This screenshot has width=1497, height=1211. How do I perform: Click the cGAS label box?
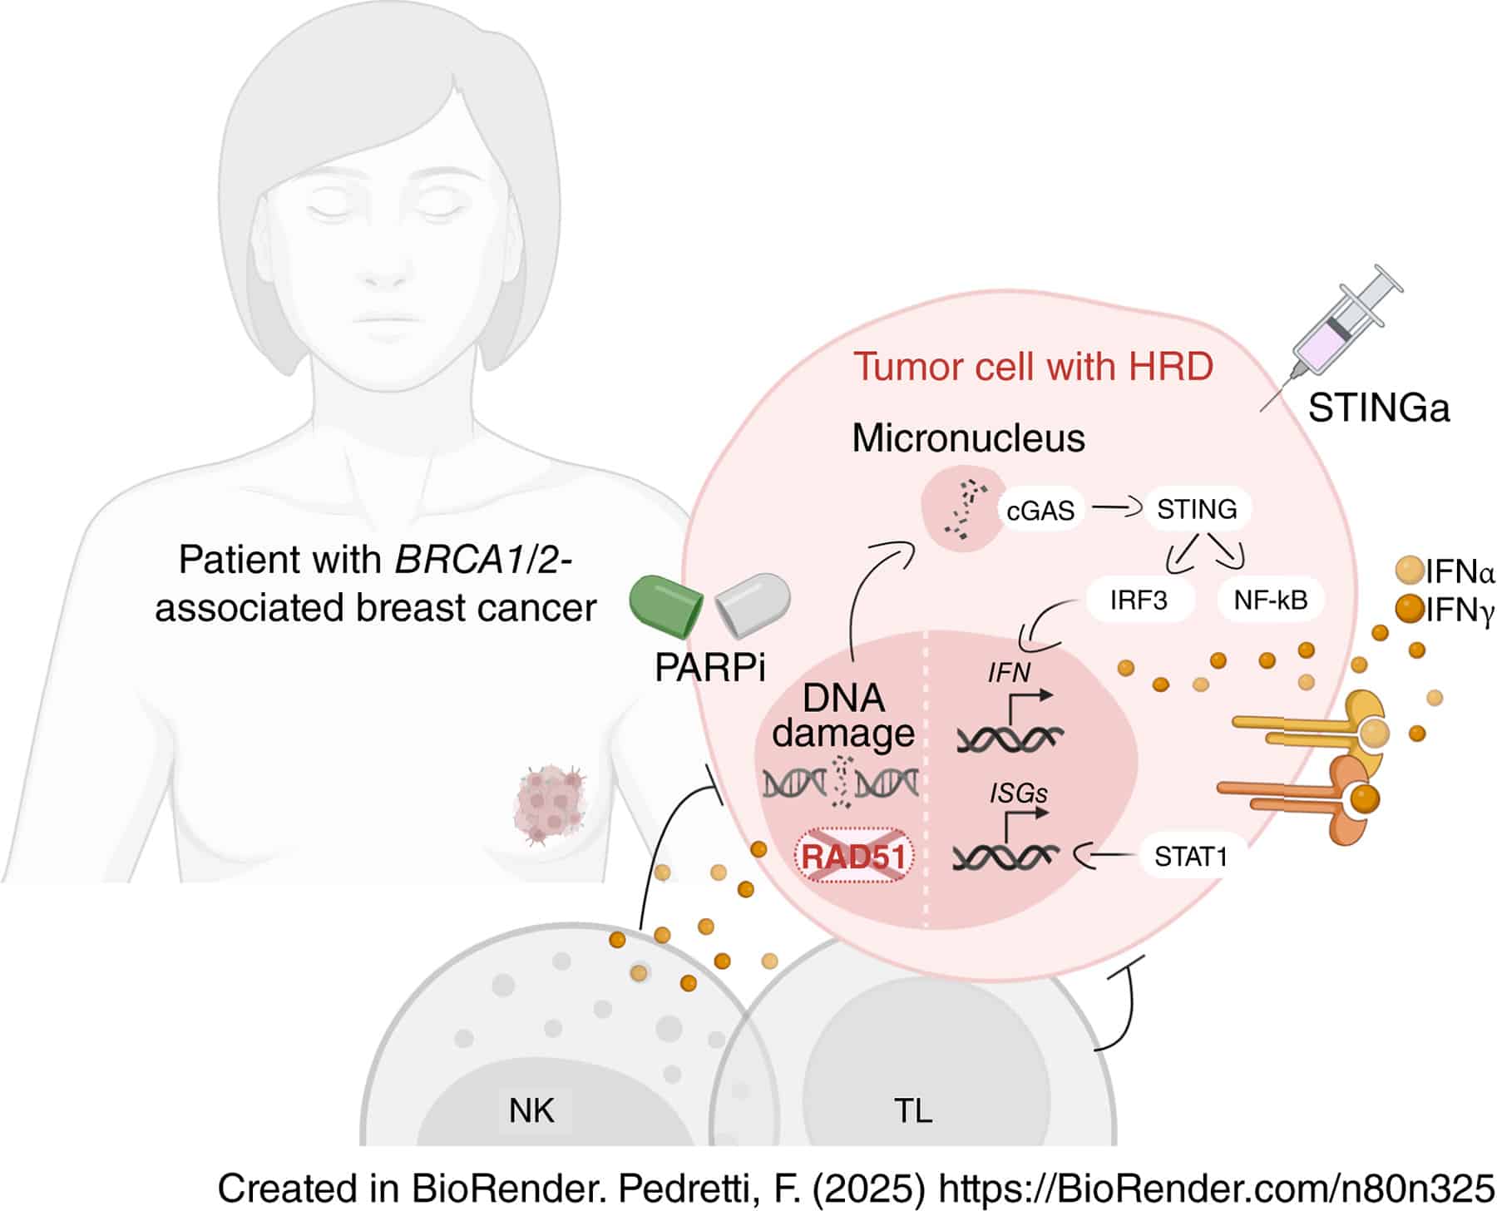pyautogui.click(x=1040, y=510)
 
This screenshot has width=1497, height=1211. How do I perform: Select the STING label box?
pyautogui.click(x=1197, y=508)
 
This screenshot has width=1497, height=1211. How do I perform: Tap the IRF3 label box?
pyautogui.click(x=1139, y=600)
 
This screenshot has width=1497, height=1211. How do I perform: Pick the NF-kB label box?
pyautogui.click(x=1270, y=600)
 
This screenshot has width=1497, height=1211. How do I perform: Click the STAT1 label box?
pyautogui.click(x=1190, y=856)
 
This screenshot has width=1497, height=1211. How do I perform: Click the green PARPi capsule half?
pyautogui.click(x=665, y=602)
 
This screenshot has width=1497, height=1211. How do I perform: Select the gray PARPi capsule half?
pyautogui.click(x=753, y=602)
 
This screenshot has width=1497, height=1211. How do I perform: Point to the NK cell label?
pyautogui.click(x=531, y=1110)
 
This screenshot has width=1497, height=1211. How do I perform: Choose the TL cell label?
pyautogui.click(x=912, y=1110)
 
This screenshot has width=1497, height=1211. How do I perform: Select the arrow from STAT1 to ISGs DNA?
pyautogui.click(x=1106, y=854)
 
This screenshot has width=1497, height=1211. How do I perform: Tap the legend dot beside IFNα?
pyautogui.click(x=1408, y=571)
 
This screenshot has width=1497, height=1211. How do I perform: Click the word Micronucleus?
pyautogui.click(x=968, y=438)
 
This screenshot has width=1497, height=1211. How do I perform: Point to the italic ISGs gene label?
pyautogui.click(x=1018, y=793)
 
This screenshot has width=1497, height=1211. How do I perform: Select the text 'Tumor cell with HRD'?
pyautogui.click(x=1033, y=367)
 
